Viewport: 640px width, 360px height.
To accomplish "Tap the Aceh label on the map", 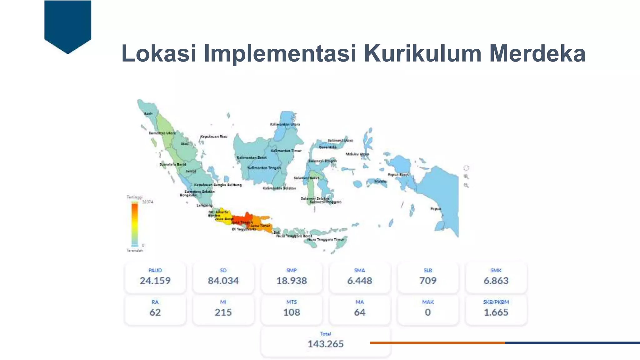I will pos(148,113).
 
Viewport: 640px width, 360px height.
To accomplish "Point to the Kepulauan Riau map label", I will pos(214,137).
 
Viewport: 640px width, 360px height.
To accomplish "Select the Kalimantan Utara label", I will pos(285,124).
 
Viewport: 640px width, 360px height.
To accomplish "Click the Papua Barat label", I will pos(398,175).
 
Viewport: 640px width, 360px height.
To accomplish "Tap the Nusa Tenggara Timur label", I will pos(325,239).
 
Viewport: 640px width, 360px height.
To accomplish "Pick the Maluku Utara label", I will pos(357,154).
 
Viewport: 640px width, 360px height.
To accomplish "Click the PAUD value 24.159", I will pos(155,281).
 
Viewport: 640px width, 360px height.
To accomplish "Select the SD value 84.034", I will pos(223,281).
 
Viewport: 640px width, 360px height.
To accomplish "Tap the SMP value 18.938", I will pos(291,281).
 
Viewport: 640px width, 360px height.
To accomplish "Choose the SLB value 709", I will pos(428,281).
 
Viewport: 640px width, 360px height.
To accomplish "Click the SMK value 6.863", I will pos(496,281).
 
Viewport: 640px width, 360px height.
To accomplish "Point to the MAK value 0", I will pos(428,312).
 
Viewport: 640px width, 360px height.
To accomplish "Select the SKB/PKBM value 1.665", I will pos(496,312).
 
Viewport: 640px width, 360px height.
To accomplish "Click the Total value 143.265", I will pos(325,344).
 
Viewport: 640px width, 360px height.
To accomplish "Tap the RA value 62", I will pos(155,312).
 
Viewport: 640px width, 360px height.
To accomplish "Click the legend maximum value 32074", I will pos(147,202).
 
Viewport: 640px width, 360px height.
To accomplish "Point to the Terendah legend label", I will pos(135,250).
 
